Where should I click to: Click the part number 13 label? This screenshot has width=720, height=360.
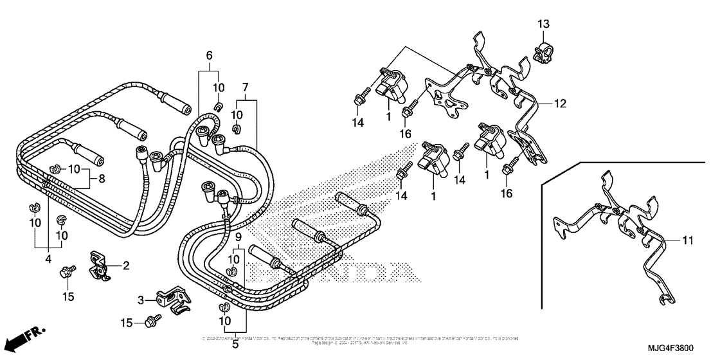(544, 24)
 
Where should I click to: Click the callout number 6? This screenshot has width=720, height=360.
(208, 56)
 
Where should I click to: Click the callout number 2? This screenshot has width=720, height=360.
(126, 264)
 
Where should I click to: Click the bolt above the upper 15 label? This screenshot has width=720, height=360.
(67, 272)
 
